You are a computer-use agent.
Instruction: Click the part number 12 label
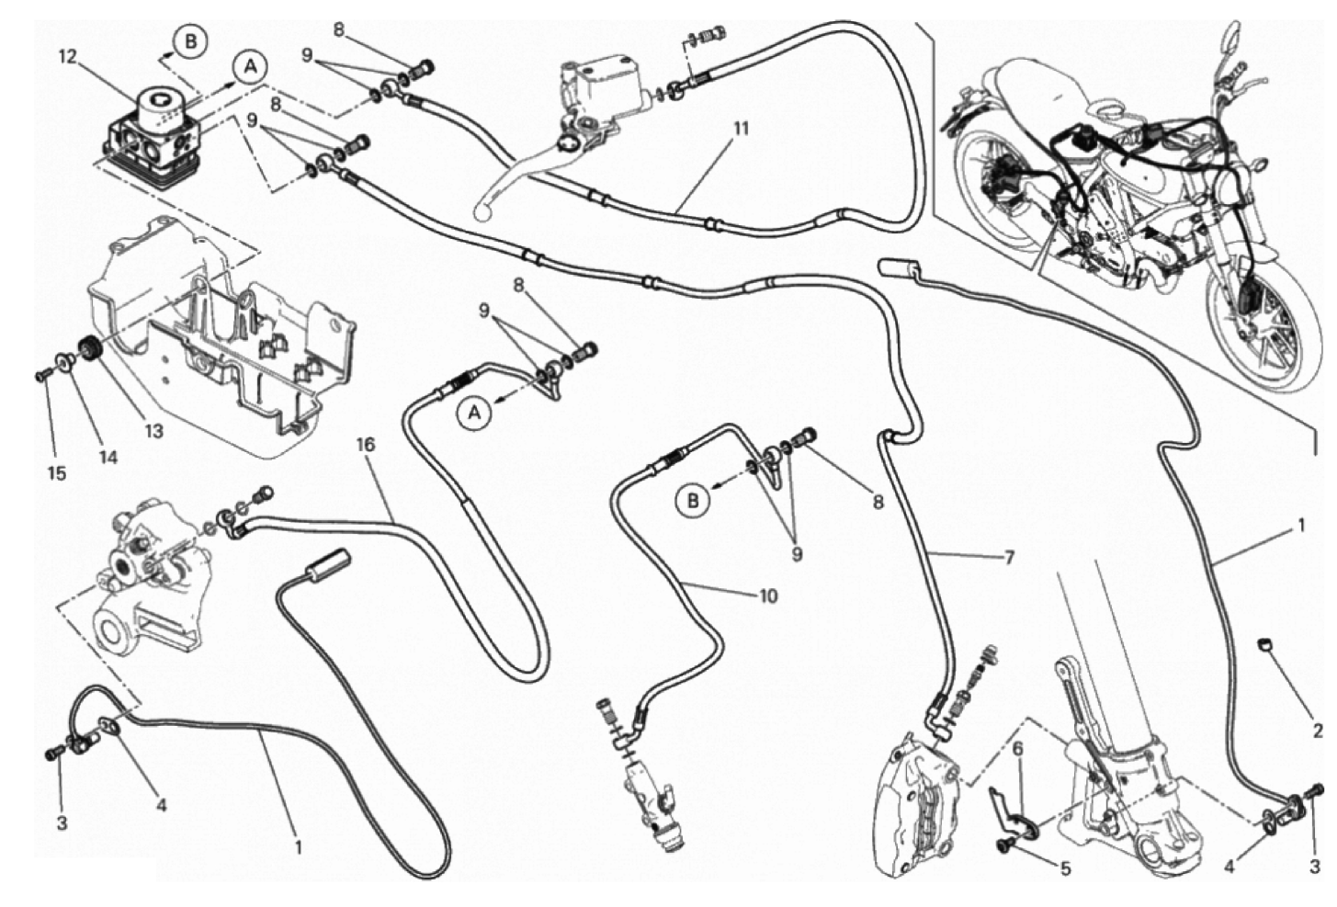coord(66,57)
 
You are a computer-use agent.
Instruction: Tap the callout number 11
coord(741,128)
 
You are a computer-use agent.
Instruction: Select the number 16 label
coord(366,445)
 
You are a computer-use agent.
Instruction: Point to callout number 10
coord(768,596)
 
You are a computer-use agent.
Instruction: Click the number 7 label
coord(1008,558)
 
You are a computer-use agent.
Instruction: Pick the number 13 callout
coord(153,430)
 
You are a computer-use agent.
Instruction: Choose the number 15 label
coord(57,473)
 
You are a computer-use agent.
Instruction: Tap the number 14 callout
coord(108,456)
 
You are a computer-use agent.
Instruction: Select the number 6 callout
coord(1017,749)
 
